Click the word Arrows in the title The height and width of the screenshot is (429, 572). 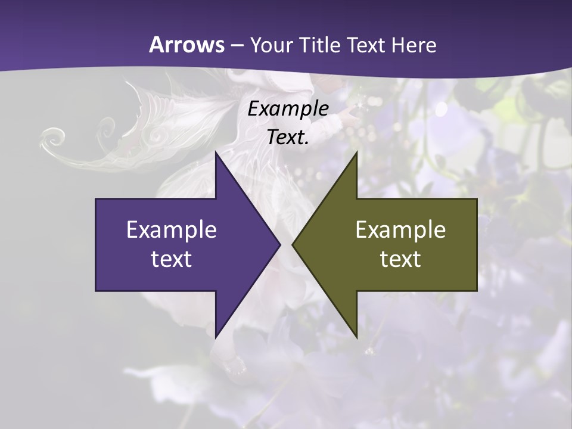pos(186,45)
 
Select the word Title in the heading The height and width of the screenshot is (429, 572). pos(321,45)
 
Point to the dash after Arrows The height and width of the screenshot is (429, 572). pos(237,45)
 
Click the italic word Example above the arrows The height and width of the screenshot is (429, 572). pos(288,109)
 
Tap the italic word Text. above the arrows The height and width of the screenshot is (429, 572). pos(288,137)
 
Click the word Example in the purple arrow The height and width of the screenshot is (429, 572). pos(172,229)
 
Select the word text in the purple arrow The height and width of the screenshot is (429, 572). pos(172,259)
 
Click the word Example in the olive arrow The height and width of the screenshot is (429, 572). pos(400,229)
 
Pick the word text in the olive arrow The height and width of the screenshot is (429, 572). pos(400,259)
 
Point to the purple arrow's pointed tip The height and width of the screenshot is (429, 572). pos(280,245)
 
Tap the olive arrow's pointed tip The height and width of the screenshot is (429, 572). pos(292,245)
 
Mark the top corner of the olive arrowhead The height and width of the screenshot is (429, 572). pos(357,153)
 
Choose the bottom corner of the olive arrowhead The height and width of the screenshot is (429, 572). pos(357,337)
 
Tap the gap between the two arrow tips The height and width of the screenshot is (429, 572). pos(286,245)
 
